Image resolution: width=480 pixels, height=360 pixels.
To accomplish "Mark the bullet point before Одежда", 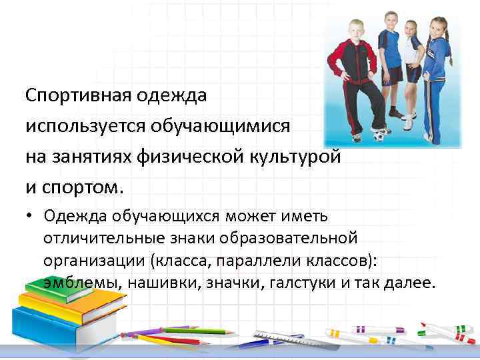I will (x=31, y=215).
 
